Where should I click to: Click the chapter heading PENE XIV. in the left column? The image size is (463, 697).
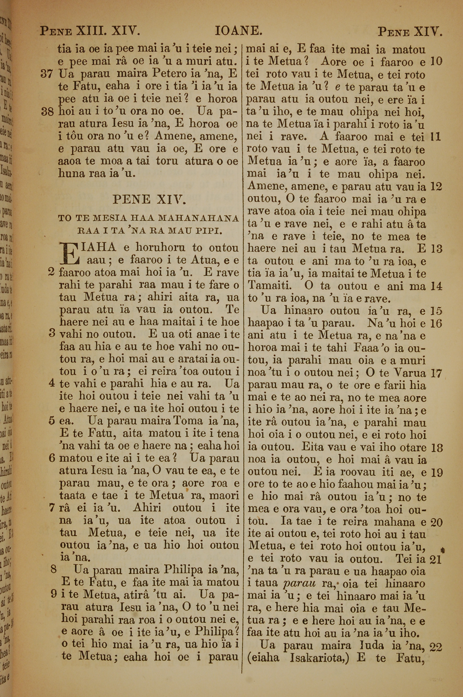pyautogui.click(x=149, y=200)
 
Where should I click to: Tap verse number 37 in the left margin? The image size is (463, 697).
pyautogui.click(x=47, y=74)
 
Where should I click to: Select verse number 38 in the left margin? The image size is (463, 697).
pyautogui.click(x=47, y=112)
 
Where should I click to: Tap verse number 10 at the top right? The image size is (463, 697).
pyautogui.click(x=436, y=61)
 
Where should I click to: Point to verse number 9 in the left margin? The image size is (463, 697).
pyautogui.click(x=53, y=594)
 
